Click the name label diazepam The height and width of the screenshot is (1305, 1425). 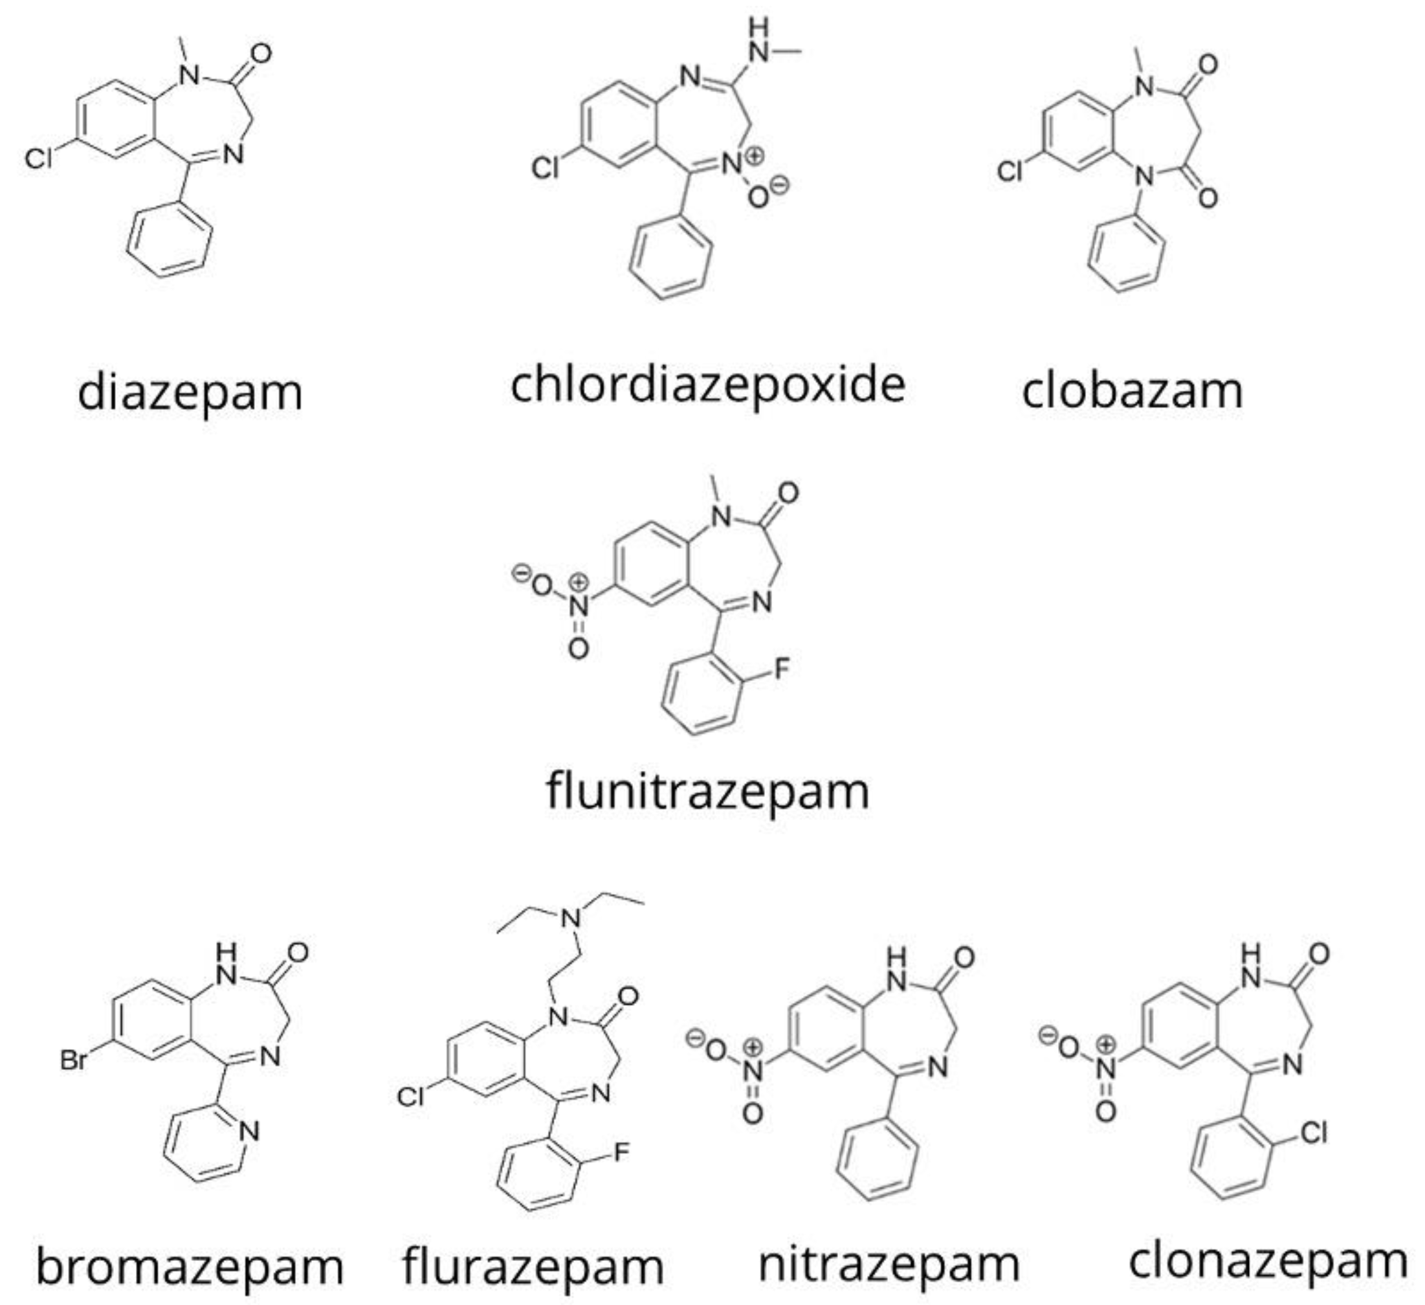click(x=190, y=393)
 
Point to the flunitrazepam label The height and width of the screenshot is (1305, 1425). click(x=707, y=792)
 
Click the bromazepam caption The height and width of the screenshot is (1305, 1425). click(x=190, y=1267)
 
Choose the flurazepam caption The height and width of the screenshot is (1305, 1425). click(x=533, y=1267)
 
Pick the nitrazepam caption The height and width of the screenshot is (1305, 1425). click(x=889, y=1265)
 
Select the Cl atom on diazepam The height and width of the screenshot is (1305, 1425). click(x=38, y=160)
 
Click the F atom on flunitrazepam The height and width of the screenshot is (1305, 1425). click(x=782, y=669)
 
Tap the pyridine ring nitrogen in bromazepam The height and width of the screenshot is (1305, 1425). click(x=249, y=1132)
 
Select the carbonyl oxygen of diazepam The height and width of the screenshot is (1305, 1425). click(x=261, y=54)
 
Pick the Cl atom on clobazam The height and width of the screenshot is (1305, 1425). click(x=1010, y=172)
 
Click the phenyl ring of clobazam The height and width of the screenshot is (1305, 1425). click(x=1127, y=255)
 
